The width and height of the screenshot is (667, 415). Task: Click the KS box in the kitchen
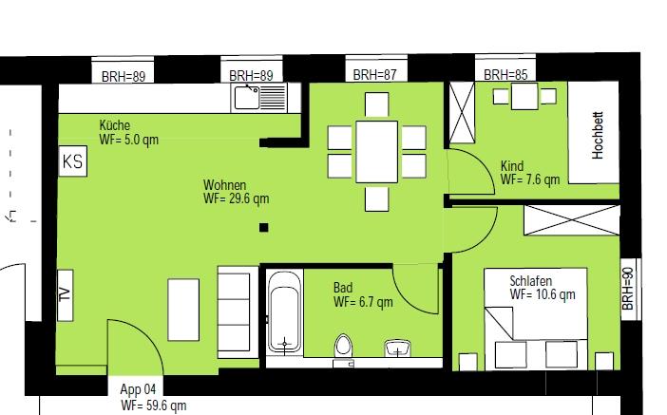(73, 161)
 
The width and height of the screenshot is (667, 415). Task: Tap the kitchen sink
(259, 98)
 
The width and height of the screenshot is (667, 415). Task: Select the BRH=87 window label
(374, 75)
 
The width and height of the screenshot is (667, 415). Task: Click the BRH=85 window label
(505, 75)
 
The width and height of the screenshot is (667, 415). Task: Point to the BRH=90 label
(628, 289)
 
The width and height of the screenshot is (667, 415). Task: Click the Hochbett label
(598, 135)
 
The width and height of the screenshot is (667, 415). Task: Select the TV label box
(65, 295)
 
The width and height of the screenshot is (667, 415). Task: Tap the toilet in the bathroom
(343, 347)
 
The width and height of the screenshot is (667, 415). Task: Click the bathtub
(285, 312)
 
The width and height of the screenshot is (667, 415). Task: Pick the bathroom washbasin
(398, 349)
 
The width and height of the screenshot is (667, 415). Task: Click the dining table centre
(377, 152)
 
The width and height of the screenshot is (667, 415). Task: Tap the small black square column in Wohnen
(264, 228)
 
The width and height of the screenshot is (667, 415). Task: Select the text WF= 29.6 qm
(236, 198)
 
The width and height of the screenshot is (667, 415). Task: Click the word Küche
(114, 125)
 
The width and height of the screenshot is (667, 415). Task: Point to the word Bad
(343, 288)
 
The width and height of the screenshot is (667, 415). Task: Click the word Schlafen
(531, 281)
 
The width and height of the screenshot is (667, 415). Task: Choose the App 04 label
(138, 389)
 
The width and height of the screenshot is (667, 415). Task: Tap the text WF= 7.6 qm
(530, 179)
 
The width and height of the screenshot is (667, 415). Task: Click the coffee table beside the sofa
(183, 310)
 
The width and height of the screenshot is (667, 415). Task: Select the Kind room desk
(524, 97)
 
